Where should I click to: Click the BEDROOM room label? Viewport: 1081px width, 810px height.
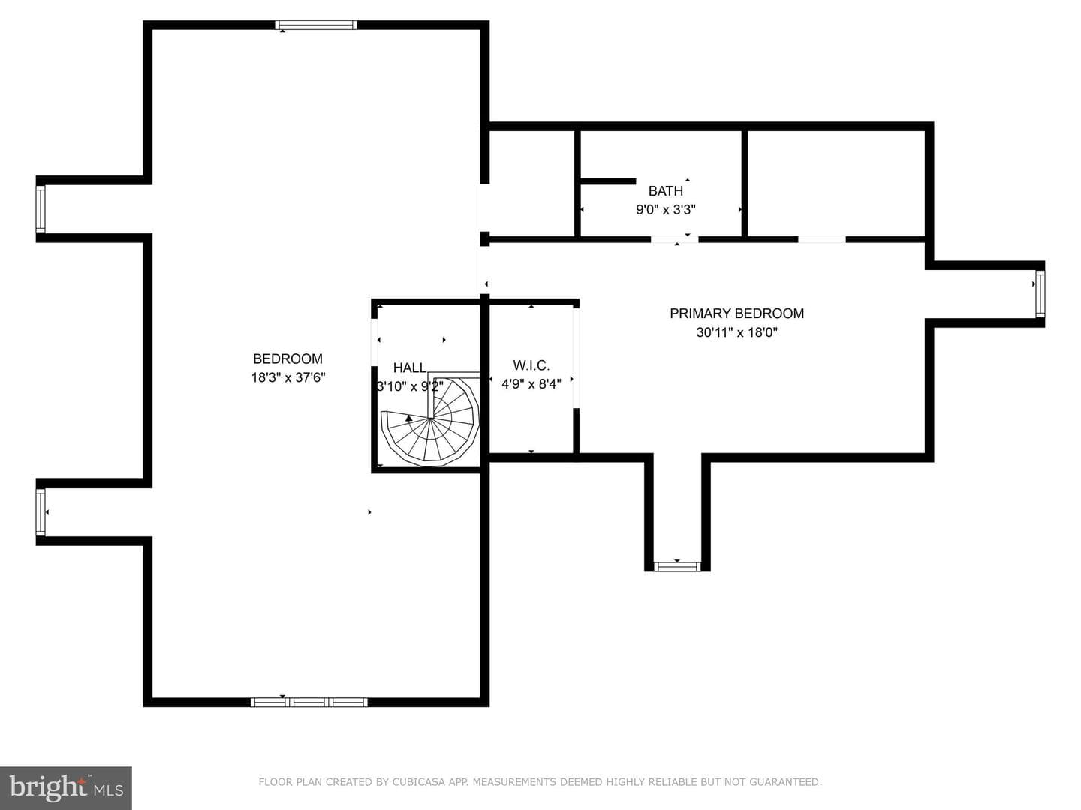click(x=288, y=358)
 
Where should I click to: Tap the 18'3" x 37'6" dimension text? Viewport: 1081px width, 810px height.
click(x=288, y=377)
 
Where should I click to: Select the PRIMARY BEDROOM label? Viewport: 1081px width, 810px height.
click(x=736, y=313)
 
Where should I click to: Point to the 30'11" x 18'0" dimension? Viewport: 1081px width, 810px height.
click(x=736, y=332)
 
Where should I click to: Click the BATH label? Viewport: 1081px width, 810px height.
click(x=666, y=190)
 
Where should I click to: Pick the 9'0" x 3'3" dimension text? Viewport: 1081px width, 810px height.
click(x=666, y=210)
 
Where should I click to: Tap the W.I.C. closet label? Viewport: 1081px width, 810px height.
click(x=531, y=365)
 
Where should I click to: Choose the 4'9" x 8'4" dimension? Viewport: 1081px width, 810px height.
click(x=531, y=384)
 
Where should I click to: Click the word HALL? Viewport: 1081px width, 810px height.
click(x=410, y=367)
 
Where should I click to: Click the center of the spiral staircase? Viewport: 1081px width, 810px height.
click(x=430, y=418)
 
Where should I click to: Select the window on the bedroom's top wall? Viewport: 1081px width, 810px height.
click(x=315, y=25)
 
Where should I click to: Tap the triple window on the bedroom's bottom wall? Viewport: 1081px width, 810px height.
click(x=309, y=702)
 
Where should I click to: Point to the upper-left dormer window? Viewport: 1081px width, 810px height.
click(x=41, y=208)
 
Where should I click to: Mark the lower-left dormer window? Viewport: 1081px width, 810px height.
click(x=41, y=512)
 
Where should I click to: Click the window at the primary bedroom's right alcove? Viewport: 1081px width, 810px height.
click(x=1040, y=294)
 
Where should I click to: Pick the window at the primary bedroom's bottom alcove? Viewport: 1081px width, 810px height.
click(x=677, y=566)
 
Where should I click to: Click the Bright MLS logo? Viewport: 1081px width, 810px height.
click(x=66, y=788)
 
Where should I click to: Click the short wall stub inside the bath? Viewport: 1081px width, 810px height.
click(x=608, y=181)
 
